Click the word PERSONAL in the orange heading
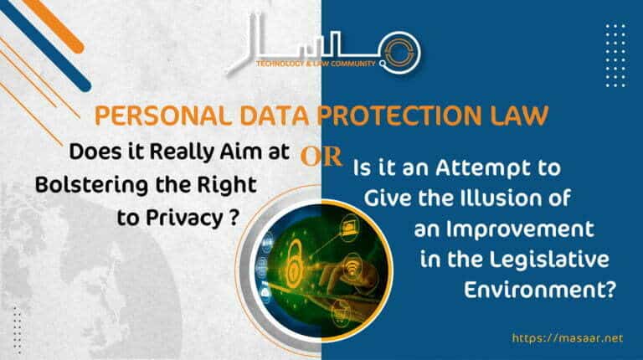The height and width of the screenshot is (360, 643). (x=163, y=116)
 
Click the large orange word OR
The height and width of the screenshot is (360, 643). (x=321, y=157)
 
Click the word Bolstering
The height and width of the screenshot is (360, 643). (x=91, y=185)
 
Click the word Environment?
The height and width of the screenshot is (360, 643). (x=540, y=291)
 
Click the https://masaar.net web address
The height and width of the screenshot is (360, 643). (x=568, y=338)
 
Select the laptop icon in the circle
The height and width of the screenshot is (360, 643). (x=350, y=225)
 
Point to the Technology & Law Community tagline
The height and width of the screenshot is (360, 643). (x=316, y=64)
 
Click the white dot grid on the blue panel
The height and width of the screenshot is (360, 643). (x=615, y=55)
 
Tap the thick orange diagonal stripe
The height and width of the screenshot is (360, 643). (x=54, y=23)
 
